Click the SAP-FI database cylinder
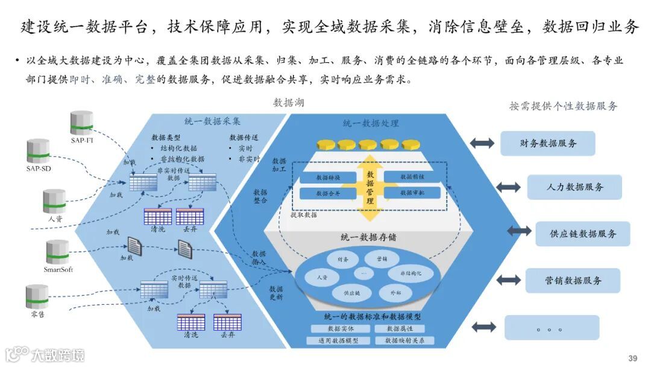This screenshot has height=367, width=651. click(x=81, y=122)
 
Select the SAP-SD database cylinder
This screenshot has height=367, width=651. click(x=38, y=151)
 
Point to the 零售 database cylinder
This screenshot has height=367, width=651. click(x=37, y=296)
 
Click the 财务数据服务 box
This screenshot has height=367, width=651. click(x=547, y=144)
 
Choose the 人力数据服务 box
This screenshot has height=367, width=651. click(x=574, y=187)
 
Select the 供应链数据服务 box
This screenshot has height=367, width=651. click(x=582, y=234)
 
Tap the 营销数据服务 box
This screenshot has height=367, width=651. click(x=573, y=280)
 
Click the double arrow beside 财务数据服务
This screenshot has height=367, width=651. click(x=482, y=143)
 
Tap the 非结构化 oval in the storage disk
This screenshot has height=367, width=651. click(x=410, y=273)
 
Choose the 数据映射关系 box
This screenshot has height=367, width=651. click(x=404, y=340)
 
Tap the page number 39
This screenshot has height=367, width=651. click(x=632, y=359)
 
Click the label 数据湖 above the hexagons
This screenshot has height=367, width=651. click(x=289, y=103)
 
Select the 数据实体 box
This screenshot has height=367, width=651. click(x=341, y=329)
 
